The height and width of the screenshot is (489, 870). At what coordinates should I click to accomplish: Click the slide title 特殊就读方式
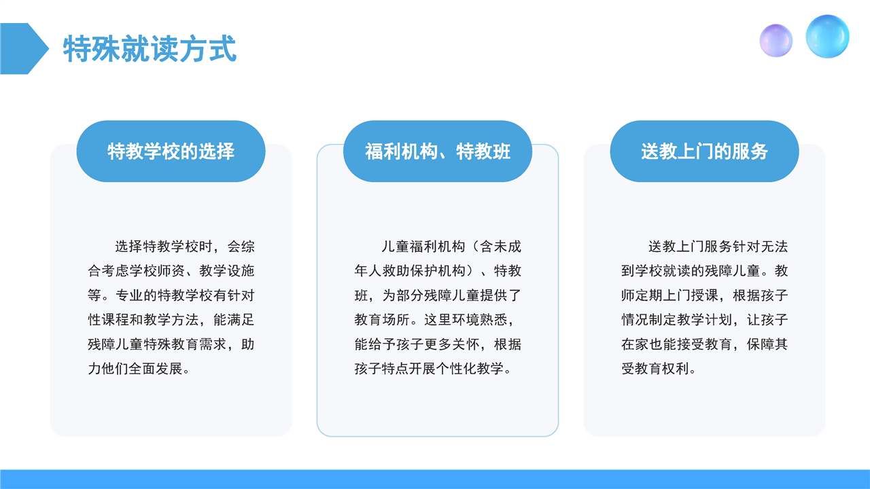point(150,48)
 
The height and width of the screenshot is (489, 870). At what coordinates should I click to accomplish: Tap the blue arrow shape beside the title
point(23,48)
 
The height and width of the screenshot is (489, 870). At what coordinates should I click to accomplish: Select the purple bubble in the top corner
point(776,41)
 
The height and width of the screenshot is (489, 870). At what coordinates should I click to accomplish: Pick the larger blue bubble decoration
point(827,37)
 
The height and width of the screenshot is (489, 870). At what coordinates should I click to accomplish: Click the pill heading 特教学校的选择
point(171,151)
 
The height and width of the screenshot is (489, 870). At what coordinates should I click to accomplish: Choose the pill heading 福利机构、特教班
point(438,151)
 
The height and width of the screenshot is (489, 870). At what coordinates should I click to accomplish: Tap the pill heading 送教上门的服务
point(705,151)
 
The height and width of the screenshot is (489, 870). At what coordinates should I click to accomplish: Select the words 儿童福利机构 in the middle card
point(423,247)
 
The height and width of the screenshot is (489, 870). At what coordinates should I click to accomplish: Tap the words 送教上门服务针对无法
point(718,247)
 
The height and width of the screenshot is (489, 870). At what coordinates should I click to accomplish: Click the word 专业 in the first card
point(129,295)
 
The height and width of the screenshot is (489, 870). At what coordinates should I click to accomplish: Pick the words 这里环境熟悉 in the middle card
point(466,320)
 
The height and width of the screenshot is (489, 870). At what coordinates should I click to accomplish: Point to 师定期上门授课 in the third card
point(669,295)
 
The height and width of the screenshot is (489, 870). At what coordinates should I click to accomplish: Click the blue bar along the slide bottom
point(435,479)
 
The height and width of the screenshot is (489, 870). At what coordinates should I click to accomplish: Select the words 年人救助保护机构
point(410,271)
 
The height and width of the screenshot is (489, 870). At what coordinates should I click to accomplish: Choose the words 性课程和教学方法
point(143,320)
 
